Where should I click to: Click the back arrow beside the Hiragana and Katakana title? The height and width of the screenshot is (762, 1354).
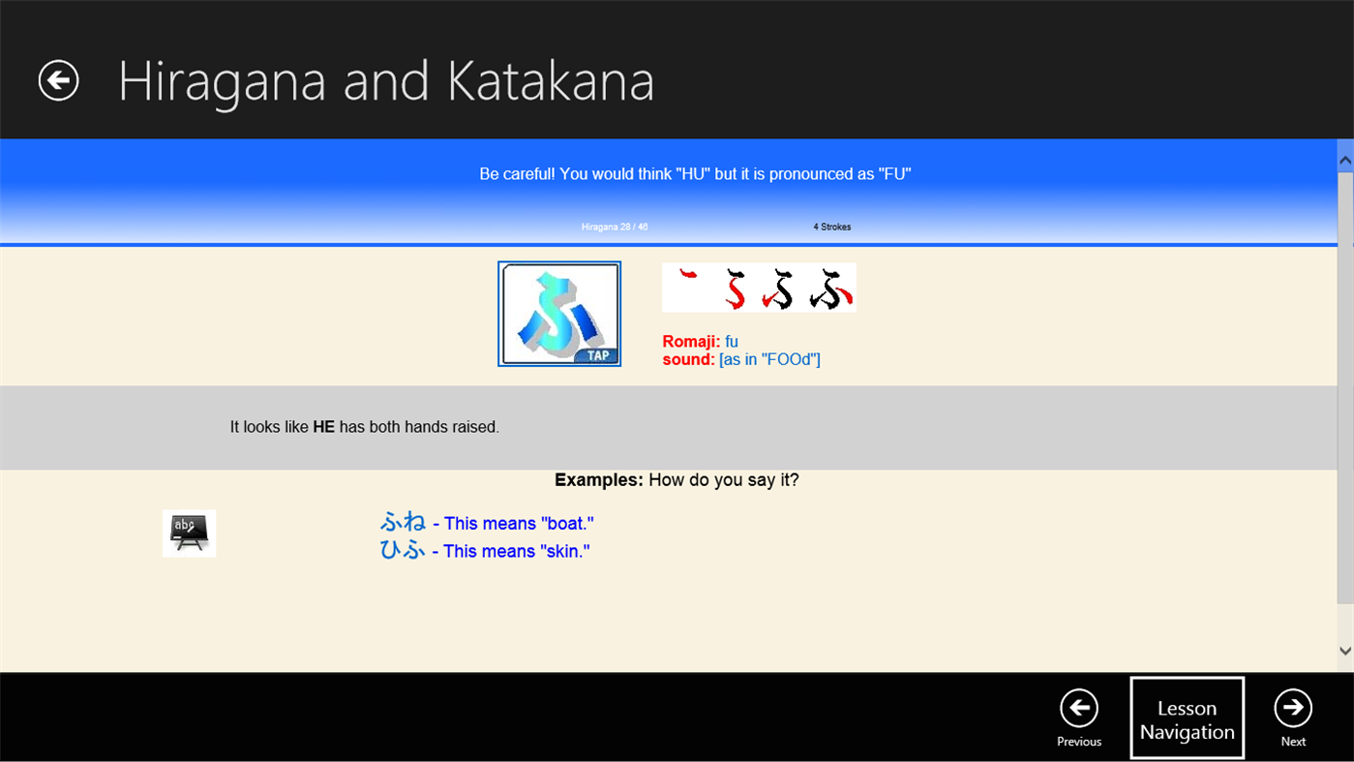coord(58,80)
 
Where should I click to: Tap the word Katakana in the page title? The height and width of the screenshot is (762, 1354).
coord(550,81)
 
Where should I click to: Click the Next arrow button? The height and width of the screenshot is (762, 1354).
coord(1293,709)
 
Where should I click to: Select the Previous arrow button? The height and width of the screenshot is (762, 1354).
coord(1078,709)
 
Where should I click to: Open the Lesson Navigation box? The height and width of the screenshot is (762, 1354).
coord(1187,719)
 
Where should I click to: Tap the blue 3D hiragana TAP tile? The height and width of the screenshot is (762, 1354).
coord(559,314)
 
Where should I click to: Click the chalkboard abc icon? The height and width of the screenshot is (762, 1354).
coord(189,533)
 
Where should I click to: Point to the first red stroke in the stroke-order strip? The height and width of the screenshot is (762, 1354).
coord(688,277)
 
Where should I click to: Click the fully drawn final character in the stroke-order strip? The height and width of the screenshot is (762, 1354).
coord(831,289)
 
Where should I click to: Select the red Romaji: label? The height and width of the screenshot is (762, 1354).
coord(691,342)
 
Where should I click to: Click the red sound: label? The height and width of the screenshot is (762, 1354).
coord(688,360)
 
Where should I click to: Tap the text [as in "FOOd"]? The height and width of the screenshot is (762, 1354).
coord(769,360)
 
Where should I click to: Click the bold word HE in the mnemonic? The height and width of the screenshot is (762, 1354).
coord(323,427)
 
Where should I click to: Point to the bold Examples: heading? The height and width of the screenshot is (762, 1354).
coord(598,480)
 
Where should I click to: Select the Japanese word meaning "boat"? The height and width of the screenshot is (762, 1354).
coord(403,523)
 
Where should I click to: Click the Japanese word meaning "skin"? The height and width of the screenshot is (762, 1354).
coord(403,551)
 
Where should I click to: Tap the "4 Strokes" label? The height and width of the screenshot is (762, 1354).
coord(831,228)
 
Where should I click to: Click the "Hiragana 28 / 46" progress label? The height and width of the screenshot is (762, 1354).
coord(615,228)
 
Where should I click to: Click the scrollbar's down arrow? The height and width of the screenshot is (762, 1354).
coord(1344,652)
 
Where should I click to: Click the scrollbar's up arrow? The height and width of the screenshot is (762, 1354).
coord(1344,158)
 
